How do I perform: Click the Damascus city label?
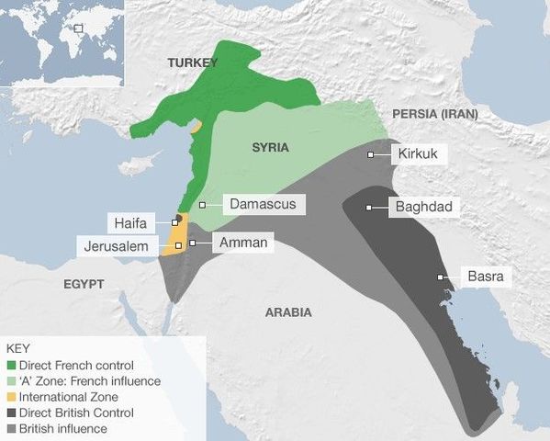(263, 204)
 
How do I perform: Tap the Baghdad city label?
(423, 207)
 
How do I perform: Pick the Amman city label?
(243, 243)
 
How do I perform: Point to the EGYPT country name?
(84, 283)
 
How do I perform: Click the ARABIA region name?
(288, 312)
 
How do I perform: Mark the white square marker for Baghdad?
(369, 208)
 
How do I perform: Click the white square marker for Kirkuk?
(370, 155)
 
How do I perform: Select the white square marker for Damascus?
(202, 204)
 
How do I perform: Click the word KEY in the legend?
(17, 349)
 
